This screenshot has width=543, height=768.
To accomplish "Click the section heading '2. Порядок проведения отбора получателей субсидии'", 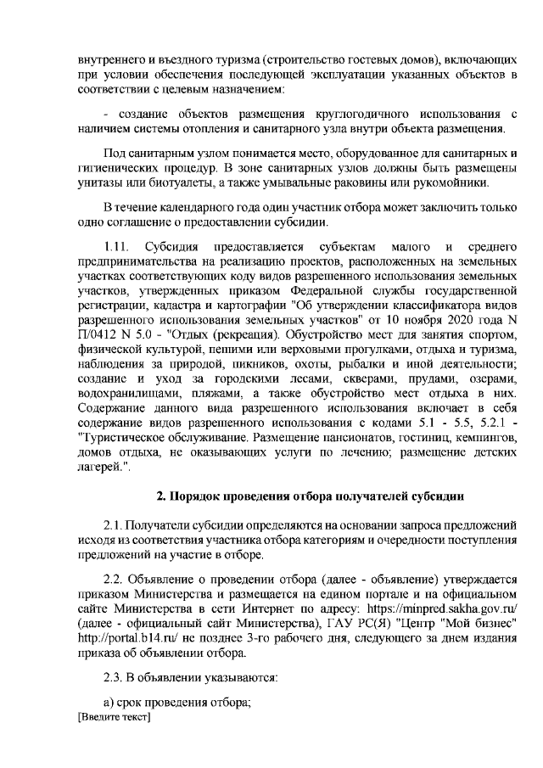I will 296,496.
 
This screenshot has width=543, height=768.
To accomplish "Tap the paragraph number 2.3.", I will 115,675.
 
